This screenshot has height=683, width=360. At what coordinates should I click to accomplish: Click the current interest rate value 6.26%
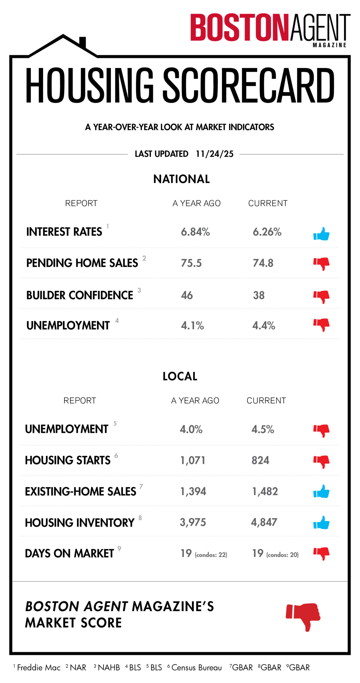pos(267,232)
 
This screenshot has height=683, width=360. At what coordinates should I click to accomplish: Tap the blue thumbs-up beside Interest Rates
pos(321,234)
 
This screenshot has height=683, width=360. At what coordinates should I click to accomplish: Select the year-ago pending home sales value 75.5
pos(191,263)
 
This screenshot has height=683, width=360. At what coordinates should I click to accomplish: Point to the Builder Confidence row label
pos(80,295)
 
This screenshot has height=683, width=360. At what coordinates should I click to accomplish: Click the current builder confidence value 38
pos(259,295)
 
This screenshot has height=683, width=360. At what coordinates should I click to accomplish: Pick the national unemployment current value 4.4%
pos(264,325)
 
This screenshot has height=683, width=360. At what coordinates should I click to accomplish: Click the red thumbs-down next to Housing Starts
pos(321,462)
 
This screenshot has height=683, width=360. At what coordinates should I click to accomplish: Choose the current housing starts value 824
pos(260,460)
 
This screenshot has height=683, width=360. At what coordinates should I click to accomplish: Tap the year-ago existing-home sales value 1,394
pos(193,491)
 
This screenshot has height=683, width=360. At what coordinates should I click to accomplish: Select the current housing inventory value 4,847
pos(264,522)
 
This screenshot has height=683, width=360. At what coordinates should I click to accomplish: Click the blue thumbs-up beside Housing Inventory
pos(321,523)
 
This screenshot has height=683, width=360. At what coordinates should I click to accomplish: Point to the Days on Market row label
pos(69,554)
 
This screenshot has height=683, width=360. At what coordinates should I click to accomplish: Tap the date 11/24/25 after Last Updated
pos(215,154)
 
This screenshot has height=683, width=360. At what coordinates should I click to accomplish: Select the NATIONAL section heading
pos(182,179)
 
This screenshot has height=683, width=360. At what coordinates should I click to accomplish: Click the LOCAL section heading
pos(180,377)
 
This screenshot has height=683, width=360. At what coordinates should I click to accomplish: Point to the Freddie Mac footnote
pos(38,667)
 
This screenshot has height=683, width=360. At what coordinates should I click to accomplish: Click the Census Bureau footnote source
pos(196,667)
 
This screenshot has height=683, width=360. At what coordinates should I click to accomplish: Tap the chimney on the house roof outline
pos(83,42)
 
